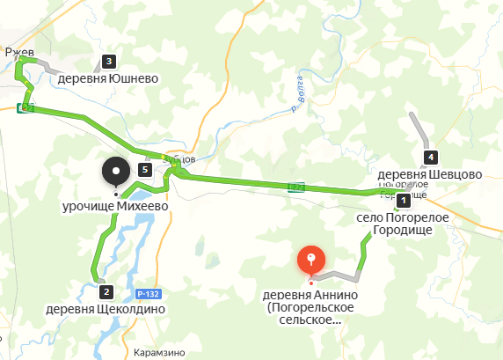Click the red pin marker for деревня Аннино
pyautogui.click(x=310, y=260)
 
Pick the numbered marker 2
pyautogui.click(x=106, y=291)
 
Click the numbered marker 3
pyautogui.click(x=108, y=62)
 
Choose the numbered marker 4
pyautogui.click(x=430, y=158)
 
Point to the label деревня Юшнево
pyautogui.click(x=108, y=78)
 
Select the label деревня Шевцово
pyautogui.click(x=430, y=174)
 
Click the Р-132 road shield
pyautogui.click(x=148, y=291)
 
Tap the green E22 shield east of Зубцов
pyautogui.click(x=297, y=186)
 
